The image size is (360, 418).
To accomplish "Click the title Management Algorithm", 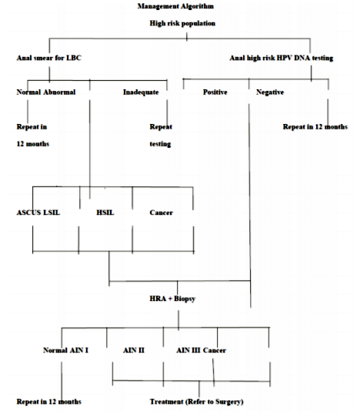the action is point(175,6).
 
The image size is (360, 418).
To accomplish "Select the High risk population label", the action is point(182,23).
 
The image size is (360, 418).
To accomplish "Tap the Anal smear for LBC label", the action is point(49,58).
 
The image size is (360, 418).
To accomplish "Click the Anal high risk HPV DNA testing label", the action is point(282,58).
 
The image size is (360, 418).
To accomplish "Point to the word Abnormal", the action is point(59,92).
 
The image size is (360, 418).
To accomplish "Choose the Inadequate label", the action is point(141,92).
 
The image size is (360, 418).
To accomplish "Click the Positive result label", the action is point(215,92).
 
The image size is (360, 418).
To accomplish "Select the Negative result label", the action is point(270,92).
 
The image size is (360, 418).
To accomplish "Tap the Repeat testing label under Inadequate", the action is point(161,135).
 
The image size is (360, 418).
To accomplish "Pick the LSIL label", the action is point(52,212).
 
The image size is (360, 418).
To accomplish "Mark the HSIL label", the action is point(105,212).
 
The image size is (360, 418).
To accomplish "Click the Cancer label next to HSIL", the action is point(162,212).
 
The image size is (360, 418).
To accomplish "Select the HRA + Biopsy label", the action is point(172,299).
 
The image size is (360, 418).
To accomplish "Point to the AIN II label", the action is point(134,350).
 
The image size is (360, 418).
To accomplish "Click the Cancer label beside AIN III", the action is point(215,350).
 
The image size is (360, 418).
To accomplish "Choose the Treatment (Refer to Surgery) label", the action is point(197,402).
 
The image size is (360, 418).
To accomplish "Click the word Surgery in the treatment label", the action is point(229,402).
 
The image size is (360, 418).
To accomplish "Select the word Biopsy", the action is point(185,299).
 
